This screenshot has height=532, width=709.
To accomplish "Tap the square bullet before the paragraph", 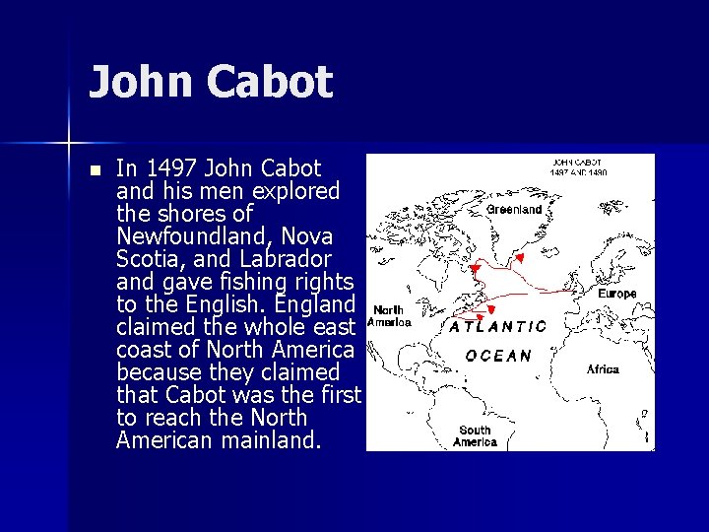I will click(x=94, y=169).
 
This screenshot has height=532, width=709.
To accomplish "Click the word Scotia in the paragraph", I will click(x=147, y=259).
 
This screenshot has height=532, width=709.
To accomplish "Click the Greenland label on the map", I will click(x=515, y=209).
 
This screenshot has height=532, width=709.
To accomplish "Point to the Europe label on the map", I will click(x=617, y=294).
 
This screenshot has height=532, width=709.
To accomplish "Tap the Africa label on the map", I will click(x=603, y=369).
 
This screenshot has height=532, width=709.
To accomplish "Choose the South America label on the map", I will click(x=475, y=435).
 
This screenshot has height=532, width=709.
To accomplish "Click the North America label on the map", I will click(x=389, y=315).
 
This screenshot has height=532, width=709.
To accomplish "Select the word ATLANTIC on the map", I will click(x=499, y=326).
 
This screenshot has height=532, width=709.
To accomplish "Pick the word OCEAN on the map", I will click(x=499, y=356).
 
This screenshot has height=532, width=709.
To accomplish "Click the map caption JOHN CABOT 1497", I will click(x=578, y=166).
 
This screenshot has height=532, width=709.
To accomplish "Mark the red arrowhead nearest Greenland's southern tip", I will click(x=519, y=258).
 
